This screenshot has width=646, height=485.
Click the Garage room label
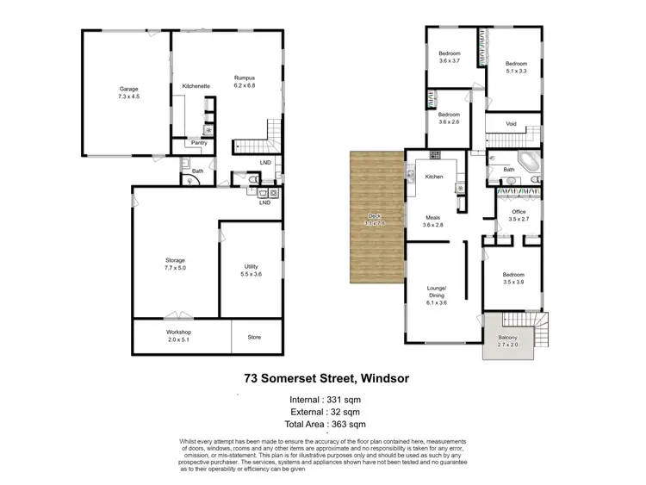[128, 92]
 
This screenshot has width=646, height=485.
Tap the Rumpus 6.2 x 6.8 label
[245, 83]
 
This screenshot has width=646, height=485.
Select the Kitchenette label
[196, 86]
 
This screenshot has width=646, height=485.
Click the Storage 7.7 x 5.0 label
[175, 264]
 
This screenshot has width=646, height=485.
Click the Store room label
[253, 337]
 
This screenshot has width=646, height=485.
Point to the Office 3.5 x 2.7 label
[518, 215]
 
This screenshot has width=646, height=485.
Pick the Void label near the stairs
[511, 123]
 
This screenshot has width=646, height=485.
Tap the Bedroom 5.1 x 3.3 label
[515, 67]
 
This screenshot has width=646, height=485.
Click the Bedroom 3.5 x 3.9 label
[512, 278]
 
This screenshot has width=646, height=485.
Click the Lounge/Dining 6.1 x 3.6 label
[436, 295]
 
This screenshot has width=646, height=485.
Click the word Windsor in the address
[371, 377]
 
